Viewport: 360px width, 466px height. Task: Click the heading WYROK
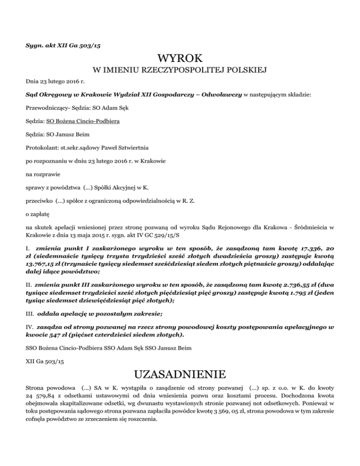[180, 59]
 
